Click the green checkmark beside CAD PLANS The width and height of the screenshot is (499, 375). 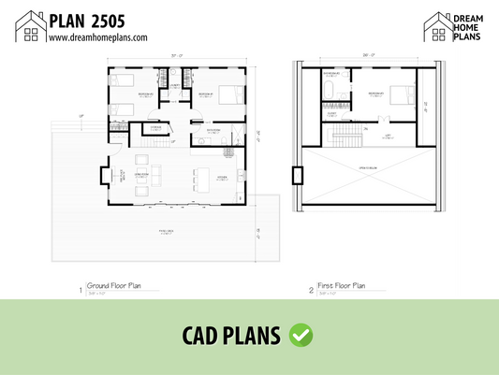coord(301,334)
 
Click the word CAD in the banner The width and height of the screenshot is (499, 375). coord(205,335)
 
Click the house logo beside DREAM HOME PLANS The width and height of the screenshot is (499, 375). coord(437,27)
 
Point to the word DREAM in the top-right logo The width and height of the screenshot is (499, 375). coord(472,16)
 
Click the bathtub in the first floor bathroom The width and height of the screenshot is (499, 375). coord(331,90)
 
